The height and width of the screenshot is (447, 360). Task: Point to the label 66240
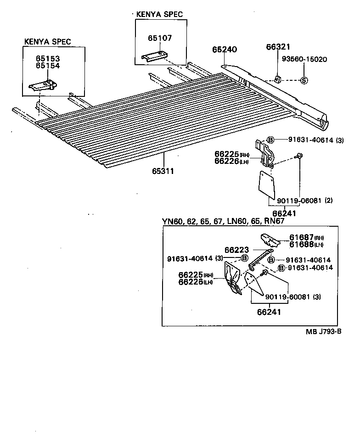(224, 50)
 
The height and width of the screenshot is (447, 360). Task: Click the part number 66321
(278, 47)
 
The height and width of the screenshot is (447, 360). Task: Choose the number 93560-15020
(304, 59)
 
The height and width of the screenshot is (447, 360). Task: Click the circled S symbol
(304, 80)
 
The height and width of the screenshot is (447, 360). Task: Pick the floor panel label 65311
(163, 171)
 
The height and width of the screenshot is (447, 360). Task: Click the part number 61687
(301, 237)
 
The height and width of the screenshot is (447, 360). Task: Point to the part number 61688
(301, 244)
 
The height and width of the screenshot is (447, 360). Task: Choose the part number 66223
(236, 250)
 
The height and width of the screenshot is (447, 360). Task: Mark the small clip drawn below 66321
(277, 79)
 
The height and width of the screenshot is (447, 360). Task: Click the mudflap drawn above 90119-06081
(265, 184)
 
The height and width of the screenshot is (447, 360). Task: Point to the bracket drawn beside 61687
(271, 240)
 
